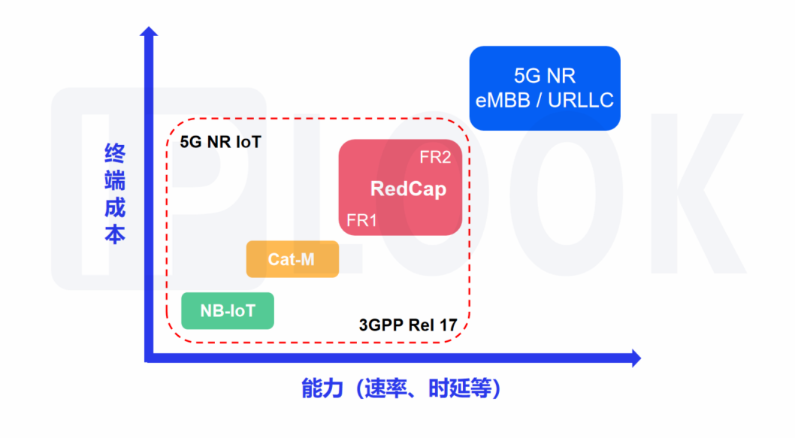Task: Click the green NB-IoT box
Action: [x=228, y=311]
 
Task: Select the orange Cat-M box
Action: [x=292, y=259]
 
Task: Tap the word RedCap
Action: [x=408, y=189]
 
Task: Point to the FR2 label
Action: [x=435, y=157]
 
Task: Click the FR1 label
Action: [x=361, y=221]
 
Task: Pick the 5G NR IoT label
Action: [x=221, y=142]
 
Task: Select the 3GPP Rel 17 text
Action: [x=408, y=325]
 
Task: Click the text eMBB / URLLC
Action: [x=545, y=101]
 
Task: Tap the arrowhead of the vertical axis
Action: [x=149, y=32]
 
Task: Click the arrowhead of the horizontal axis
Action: [x=636, y=358]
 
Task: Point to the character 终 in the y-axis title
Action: [x=115, y=153]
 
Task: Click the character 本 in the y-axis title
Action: [x=115, y=235]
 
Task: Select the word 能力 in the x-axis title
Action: [x=322, y=389]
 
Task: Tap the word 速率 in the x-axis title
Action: [x=385, y=389]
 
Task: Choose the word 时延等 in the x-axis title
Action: [x=459, y=389]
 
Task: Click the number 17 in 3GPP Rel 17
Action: [x=448, y=325]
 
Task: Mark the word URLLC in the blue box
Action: [x=581, y=101]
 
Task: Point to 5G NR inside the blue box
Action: [x=545, y=76]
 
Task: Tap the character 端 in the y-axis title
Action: [x=115, y=181]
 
